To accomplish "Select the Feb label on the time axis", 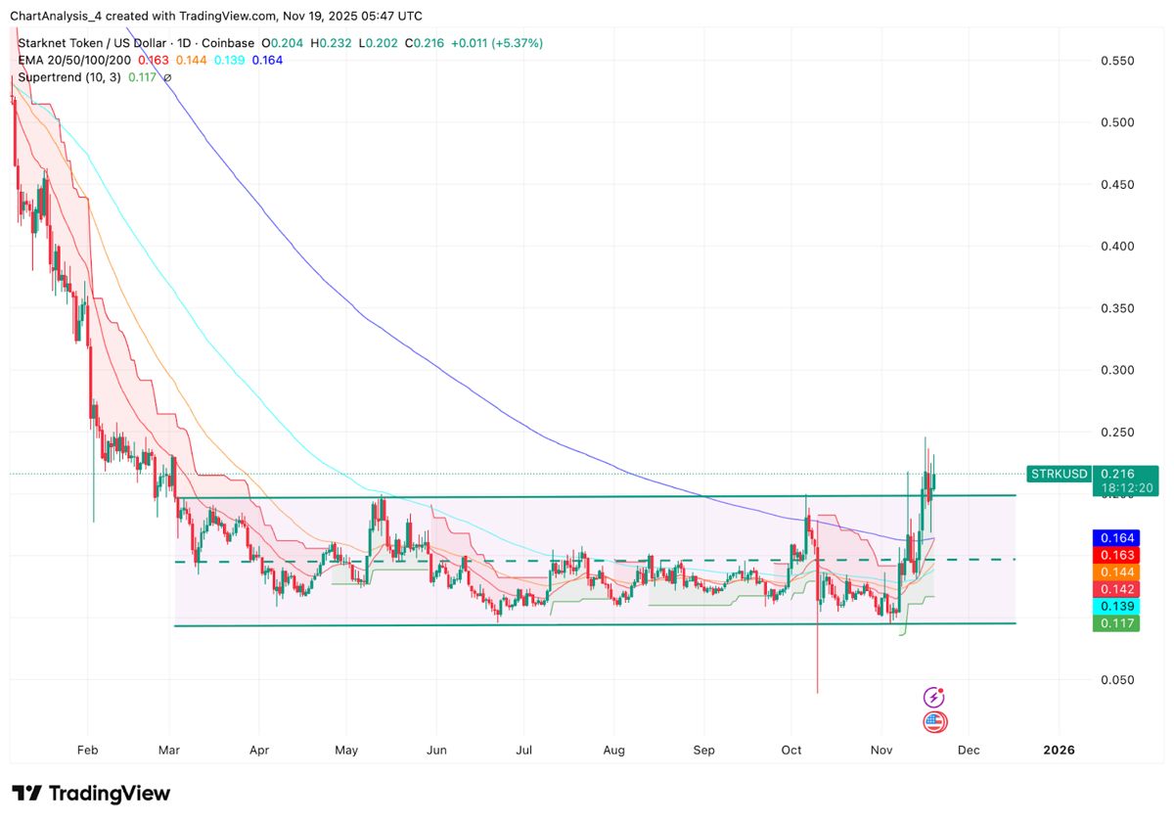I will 88,751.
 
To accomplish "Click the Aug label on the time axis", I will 614,751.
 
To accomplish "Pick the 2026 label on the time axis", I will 1059,751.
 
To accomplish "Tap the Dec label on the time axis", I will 969,751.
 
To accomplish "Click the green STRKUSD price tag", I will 1058,475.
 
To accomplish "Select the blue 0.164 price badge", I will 1115,537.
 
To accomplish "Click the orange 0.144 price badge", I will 1115,572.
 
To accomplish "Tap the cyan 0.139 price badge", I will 1115,607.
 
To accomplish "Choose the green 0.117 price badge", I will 1115,623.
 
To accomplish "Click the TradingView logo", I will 91,793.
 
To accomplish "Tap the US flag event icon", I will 934,723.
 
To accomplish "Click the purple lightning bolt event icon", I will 934,697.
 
